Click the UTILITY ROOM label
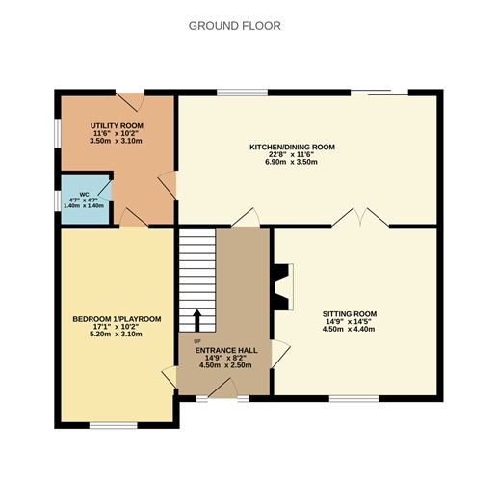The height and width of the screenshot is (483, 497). point(117,127)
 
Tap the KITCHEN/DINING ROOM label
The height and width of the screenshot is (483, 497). point(292,147)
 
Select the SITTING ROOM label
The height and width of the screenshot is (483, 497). point(349,314)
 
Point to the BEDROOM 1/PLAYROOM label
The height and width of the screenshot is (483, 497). point(117,319)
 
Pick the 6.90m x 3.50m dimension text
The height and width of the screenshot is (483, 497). point(292,162)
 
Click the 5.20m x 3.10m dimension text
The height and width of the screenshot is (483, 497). point(117,335)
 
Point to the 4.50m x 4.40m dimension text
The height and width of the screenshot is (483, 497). point(349,330)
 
